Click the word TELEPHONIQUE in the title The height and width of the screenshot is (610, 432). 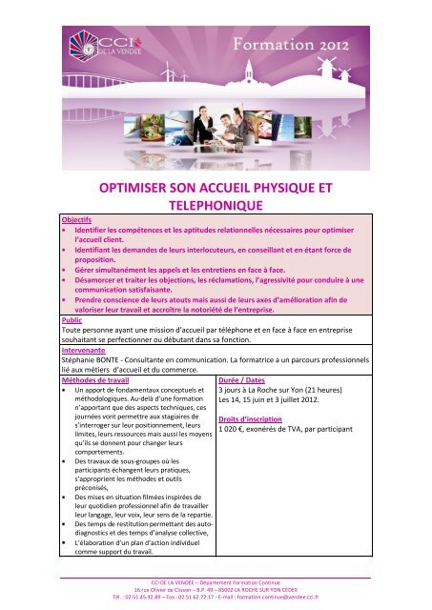click(x=216, y=203)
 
